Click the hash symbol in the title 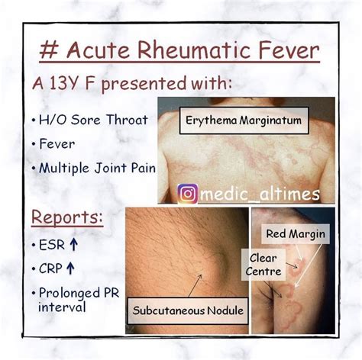(x=50, y=50)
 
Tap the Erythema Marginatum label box (x=244, y=121)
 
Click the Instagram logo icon (x=188, y=194)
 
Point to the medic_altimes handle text (x=260, y=194)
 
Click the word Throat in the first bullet (x=127, y=120)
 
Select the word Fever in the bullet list (x=57, y=144)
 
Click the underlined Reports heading (x=67, y=217)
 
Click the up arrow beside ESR (x=73, y=245)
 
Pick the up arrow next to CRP (x=70, y=268)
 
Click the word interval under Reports (x=62, y=307)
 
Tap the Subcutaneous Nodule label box (x=188, y=311)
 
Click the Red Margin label (x=296, y=234)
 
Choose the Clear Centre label (x=263, y=265)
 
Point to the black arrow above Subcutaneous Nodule (x=195, y=285)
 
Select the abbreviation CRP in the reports (x=50, y=268)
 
